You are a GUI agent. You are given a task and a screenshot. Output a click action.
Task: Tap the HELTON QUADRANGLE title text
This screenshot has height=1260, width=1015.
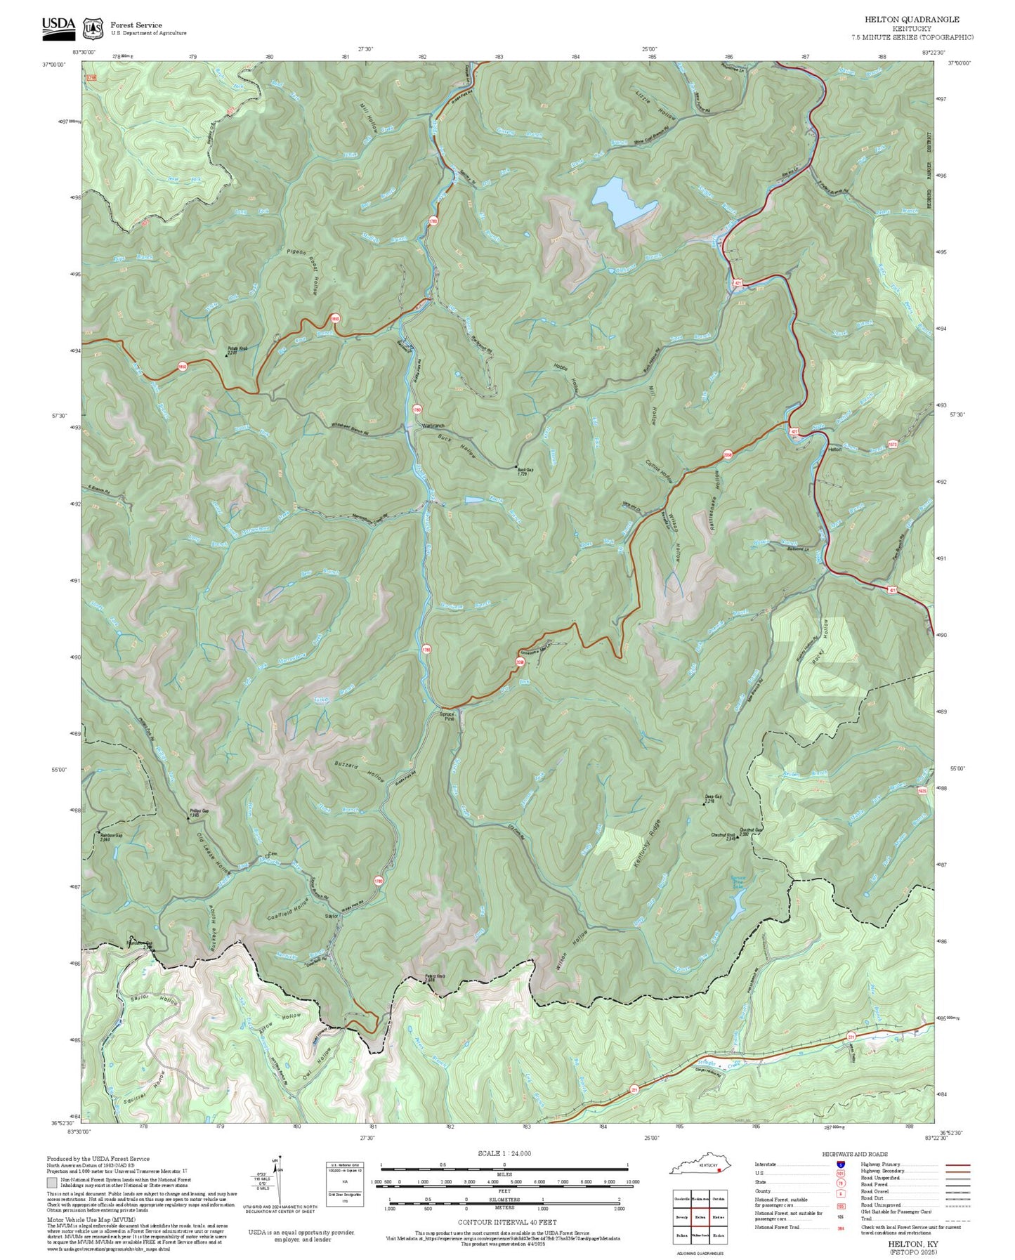(912, 20)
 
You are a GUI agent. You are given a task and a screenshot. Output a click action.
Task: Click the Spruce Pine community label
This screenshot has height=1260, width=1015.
(447, 716)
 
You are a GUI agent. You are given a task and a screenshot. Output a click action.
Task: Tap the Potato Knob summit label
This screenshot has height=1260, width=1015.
(237, 350)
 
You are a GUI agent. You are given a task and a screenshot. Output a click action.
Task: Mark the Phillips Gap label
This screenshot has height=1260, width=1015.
(198, 812)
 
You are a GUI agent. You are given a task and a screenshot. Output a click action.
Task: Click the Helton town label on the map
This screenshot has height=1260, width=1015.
(834, 449)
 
